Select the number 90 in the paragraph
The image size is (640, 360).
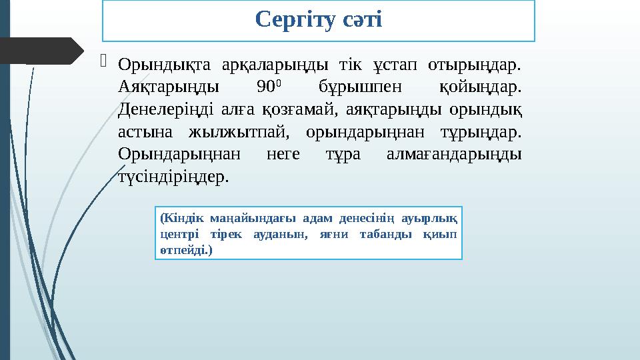(263, 87)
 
